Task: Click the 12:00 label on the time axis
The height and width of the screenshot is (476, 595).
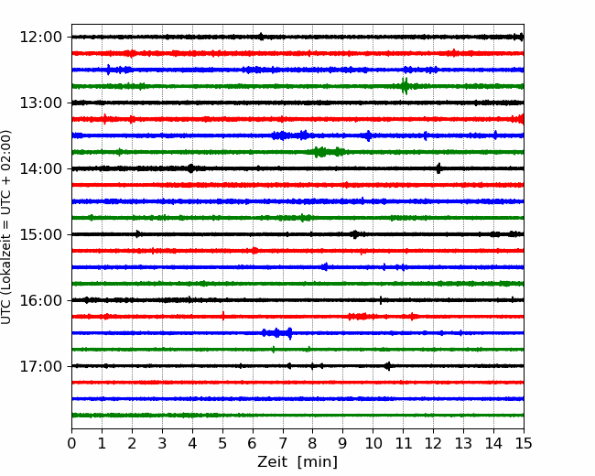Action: point(40,38)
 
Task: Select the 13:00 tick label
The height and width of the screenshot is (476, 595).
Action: point(40,103)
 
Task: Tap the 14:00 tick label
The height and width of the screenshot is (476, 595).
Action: point(40,168)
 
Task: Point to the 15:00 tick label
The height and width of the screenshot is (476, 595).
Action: point(40,234)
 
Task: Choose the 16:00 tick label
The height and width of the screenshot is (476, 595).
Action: point(40,300)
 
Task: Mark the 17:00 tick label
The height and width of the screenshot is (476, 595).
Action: point(40,366)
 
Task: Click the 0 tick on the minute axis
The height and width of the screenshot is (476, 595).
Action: point(71,443)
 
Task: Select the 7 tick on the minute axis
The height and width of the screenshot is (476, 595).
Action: point(283,443)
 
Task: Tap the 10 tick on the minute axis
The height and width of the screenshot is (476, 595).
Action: point(373,443)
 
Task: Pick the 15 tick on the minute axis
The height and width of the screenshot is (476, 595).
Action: point(524,443)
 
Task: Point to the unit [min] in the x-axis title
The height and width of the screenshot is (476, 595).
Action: point(318,462)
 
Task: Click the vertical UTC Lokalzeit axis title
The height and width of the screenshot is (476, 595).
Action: point(5,227)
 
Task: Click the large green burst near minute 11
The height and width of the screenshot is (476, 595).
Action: point(405,86)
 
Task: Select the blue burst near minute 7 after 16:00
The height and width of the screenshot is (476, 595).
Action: point(277,333)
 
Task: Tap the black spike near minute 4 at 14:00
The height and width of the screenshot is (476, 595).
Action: point(191,168)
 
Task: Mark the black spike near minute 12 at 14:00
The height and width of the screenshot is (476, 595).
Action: point(438,168)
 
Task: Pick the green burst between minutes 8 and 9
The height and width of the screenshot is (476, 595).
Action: point(327,152)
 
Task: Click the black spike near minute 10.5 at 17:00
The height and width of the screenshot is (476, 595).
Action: point(387,366)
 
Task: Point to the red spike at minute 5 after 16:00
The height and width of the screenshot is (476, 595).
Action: point(223,316)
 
